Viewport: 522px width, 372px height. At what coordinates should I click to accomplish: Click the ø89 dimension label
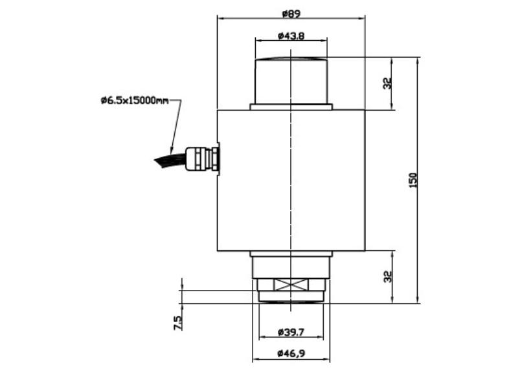[291, 13]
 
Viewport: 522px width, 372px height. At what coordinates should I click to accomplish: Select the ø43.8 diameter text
[291, 36]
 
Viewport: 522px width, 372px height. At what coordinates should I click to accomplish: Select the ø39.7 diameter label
[291, 332]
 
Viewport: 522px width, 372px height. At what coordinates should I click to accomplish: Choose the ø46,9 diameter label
[291, 353]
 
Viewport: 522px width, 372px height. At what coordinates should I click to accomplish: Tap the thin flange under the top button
[291, 107]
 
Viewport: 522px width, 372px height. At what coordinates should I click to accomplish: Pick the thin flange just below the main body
[291, 254]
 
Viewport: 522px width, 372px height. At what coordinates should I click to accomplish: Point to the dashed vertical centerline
[291, 194]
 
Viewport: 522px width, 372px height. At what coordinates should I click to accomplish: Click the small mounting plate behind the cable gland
[219, 159]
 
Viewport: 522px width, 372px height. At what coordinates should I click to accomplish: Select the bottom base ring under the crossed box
[291, 297]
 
